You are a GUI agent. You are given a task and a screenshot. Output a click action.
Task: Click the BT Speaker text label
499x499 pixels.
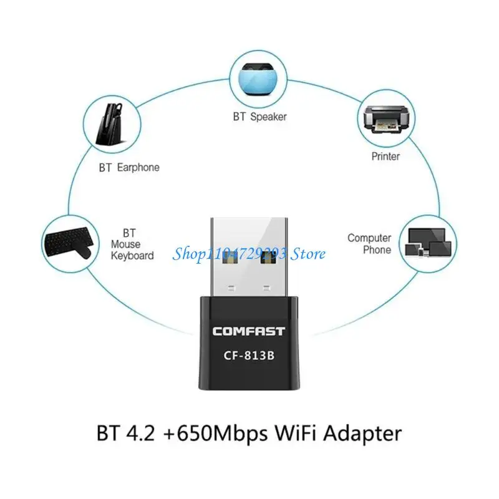tap(260, 117)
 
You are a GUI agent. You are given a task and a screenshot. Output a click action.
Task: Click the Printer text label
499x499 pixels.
tap(385, 157)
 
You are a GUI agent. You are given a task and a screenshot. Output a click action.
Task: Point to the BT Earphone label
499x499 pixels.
tap(129, 167)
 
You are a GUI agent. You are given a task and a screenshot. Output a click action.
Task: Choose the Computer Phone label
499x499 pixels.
tap(369, 244)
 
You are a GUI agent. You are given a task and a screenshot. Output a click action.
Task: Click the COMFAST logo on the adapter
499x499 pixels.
tap(249, 331)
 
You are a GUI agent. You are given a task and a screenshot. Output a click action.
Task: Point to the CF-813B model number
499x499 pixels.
tap(249, 357)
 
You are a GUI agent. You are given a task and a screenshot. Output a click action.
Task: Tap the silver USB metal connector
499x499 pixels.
tap(249, 256)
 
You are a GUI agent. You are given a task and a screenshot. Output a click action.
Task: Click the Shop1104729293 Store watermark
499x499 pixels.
tap(249, 253)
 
